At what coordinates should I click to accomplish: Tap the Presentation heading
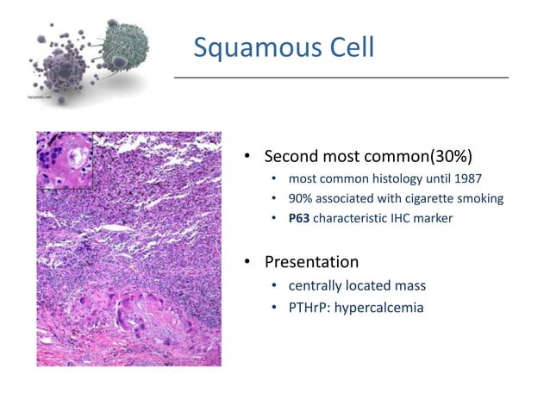click(311, 261)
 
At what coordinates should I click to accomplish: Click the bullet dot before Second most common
click(246, 158)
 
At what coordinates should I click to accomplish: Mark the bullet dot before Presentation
click(246, 262)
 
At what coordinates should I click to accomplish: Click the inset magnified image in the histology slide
click(64, 159)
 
